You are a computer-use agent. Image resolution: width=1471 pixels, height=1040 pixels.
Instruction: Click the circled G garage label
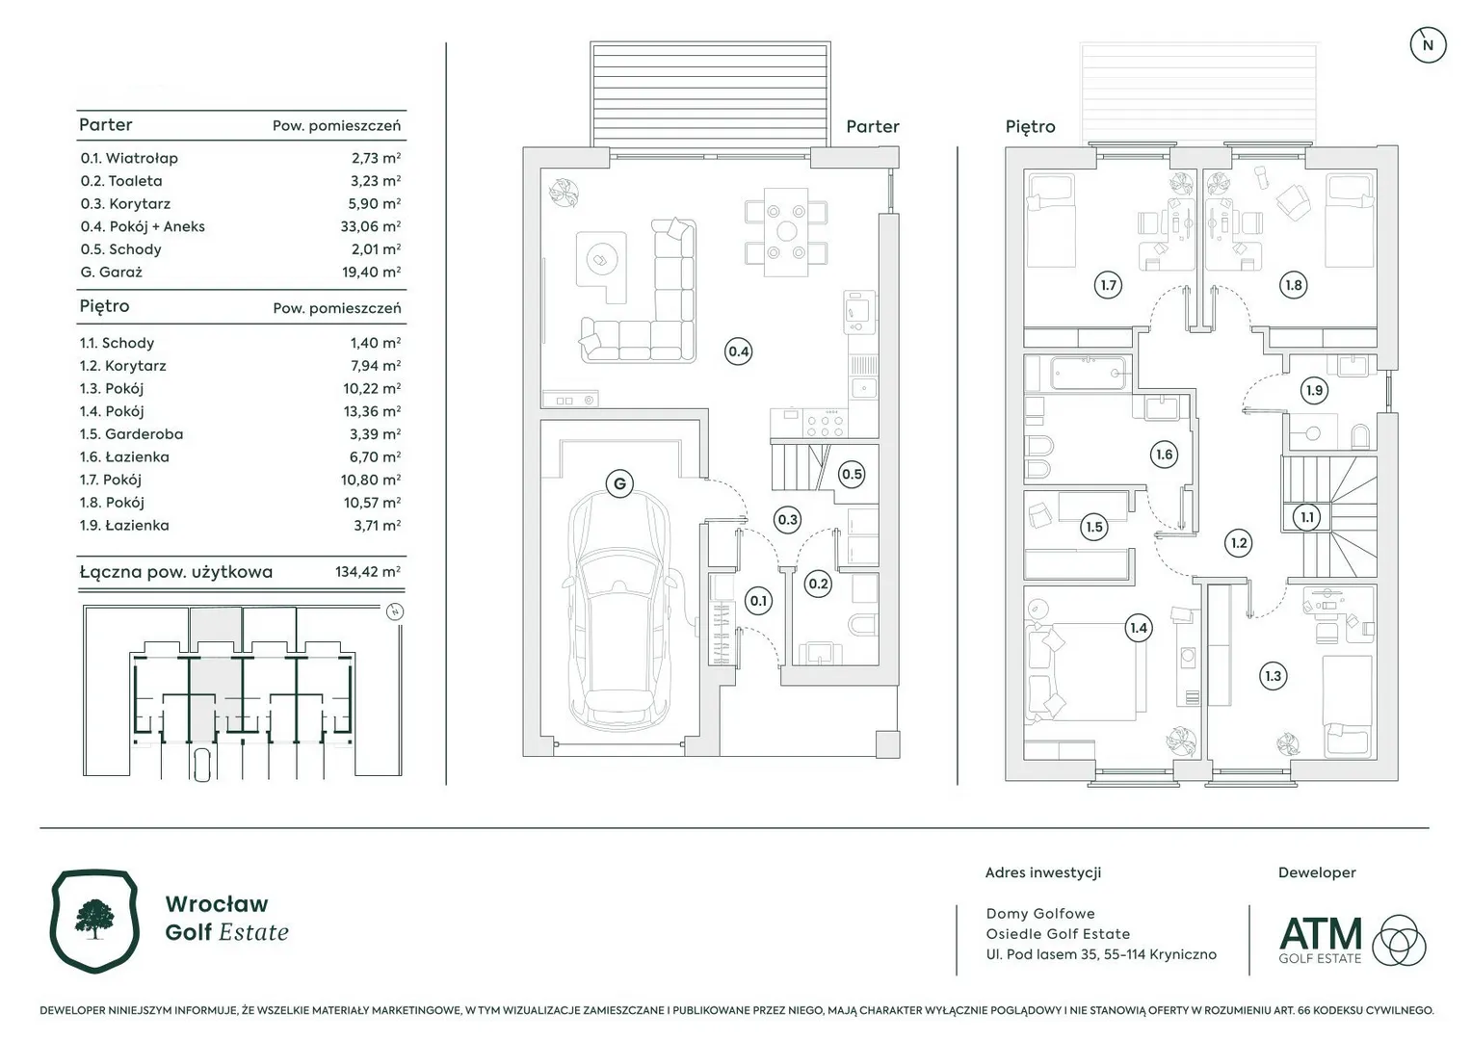point(619,483)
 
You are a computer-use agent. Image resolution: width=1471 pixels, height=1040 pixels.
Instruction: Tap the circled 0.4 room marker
point(738,351)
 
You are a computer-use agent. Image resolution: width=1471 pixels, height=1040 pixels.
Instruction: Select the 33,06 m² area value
point(370,226)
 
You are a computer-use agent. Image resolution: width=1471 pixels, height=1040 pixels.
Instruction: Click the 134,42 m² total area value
point(368,571)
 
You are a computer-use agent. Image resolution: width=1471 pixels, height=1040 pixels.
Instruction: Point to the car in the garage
point(620,610)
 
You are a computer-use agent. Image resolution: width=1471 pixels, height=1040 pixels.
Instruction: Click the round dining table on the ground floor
point(786,231)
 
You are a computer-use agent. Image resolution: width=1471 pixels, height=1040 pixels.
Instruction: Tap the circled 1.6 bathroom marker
point(1164,455)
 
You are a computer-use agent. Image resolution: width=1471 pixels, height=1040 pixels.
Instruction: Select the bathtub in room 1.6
point(1090,373)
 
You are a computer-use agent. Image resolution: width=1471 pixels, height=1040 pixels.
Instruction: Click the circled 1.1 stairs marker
point(1307,517)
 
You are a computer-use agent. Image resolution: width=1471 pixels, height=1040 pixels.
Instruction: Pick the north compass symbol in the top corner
point(1428,45)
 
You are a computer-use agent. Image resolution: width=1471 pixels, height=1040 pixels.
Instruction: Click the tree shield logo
point(95,921)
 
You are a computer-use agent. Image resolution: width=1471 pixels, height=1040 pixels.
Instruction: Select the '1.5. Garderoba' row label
point(131,434)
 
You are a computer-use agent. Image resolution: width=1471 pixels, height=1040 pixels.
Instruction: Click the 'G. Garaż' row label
point(111,272)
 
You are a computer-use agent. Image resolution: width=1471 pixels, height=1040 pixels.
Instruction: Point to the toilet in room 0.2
point(862,624)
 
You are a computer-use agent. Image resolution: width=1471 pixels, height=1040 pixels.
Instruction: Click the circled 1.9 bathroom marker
point(1314,391)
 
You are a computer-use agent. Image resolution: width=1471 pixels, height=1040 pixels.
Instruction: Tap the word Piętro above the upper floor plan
point(1030,127)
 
